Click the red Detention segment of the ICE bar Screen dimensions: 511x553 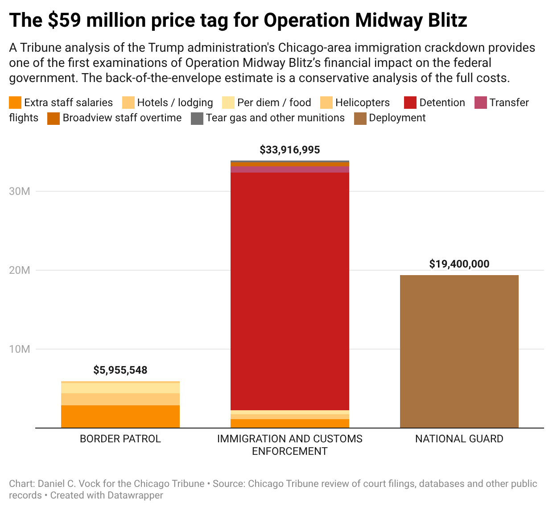coord(290,290)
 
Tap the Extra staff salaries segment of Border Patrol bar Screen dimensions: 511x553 coord(120,416)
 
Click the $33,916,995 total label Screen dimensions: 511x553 coord(290,150)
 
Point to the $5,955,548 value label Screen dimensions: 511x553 coord(120,370)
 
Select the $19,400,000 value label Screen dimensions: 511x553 coord(459,264)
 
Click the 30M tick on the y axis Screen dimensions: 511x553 coord(20,191)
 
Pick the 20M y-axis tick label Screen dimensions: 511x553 coord(20,270)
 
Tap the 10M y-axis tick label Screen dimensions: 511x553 coord(20,349)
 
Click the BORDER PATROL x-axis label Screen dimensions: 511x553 coord(120,439)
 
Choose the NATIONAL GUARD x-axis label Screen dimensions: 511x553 coord(459,439)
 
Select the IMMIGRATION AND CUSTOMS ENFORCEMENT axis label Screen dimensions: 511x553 coord(290,445)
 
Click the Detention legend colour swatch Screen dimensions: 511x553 coord(410,103)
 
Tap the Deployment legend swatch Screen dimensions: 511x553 coord(360,118)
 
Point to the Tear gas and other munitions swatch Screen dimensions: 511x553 coord(197,118)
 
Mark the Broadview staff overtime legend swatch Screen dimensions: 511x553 coord(54,118)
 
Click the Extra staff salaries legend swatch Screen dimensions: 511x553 coord(15,103)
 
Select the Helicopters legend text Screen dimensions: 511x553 coord(362,103)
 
